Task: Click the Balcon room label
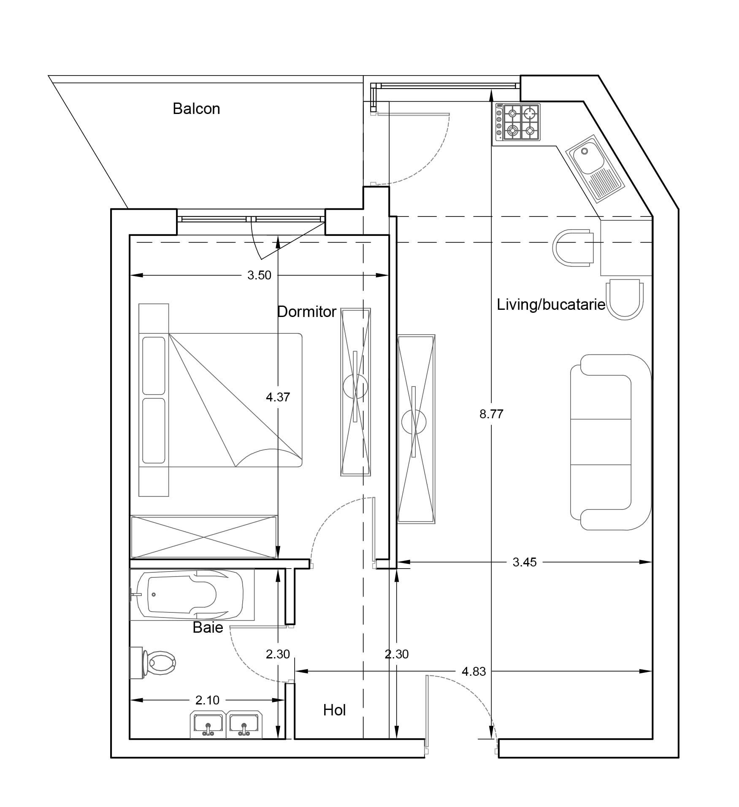coord(196,109)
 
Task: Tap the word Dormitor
coord(307,312)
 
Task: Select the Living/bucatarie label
coord(551,304)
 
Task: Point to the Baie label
coord(208,628)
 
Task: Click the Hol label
coord(334,710)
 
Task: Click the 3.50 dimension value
coord(259,276)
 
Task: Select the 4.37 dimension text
coord(278,397)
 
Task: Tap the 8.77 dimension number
coord(491,414)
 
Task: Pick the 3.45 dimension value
coord(525,562)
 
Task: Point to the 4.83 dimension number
coord(474,672)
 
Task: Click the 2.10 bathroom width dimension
coord(207,700)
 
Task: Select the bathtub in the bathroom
coord(192,595)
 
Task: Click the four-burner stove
coord(518,122)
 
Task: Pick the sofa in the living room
coord(611,442)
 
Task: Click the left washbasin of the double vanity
coord(208,725)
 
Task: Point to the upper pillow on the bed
coord(154,366)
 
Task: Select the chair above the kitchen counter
coord(573,248)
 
